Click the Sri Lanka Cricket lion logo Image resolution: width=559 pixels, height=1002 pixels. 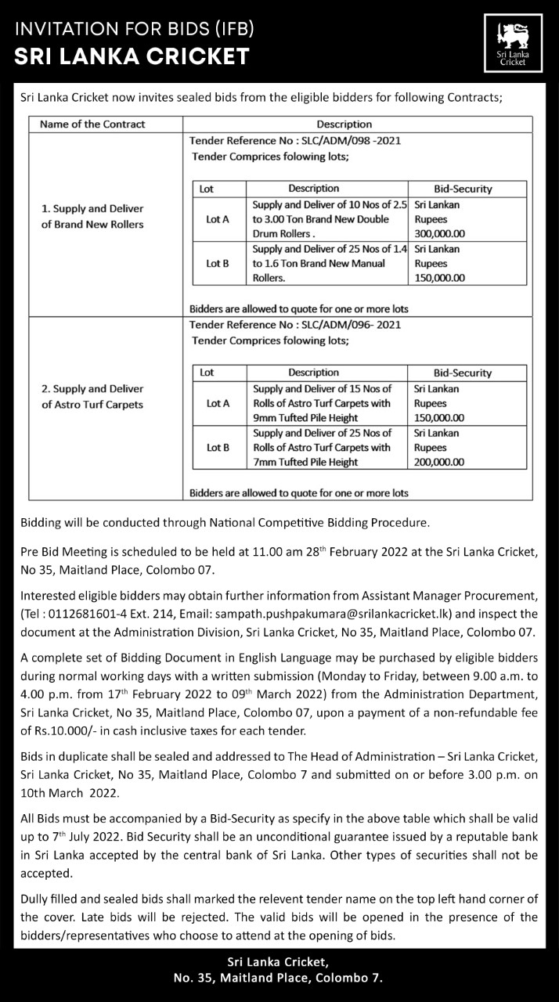514,44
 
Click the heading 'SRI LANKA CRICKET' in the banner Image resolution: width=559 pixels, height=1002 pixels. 132,56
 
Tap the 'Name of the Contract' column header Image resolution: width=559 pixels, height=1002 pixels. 92,124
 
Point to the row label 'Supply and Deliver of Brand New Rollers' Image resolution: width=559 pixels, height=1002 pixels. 92,217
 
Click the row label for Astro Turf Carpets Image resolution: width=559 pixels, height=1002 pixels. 92,397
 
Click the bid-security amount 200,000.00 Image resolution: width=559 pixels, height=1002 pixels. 440,462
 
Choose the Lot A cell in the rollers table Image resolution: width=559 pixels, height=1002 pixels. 218,219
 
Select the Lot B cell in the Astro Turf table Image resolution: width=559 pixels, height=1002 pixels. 218,448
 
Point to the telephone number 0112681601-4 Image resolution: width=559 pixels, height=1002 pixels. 84,615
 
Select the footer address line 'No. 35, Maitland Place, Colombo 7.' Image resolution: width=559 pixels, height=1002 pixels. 278,978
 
